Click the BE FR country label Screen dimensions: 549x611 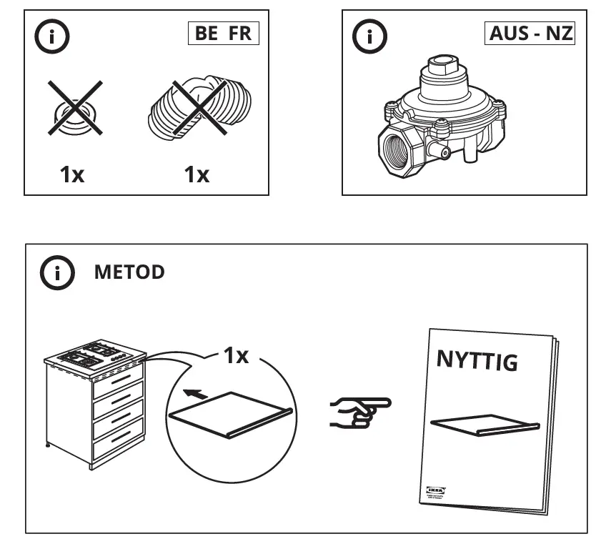click(x=223, y=34)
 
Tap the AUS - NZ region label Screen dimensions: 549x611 click(x=531, y=34)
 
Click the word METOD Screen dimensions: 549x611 click(x=129, y=272)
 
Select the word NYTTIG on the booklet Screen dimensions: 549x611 click(x=477, y=361)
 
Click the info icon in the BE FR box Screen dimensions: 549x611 click(x=53, y=37)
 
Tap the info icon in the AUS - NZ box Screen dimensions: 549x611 click(x=370, y=37)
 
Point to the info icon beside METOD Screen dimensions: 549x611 click(x=57, y=273)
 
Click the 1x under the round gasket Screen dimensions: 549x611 click(x=71, y=174)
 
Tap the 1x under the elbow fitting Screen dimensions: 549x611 click(x=197, y=174)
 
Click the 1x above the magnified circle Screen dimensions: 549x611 click(x=236, y=355)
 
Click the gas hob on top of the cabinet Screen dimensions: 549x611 click(x=93, y=354)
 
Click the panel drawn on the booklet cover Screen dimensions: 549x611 click(x=484, y=425)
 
